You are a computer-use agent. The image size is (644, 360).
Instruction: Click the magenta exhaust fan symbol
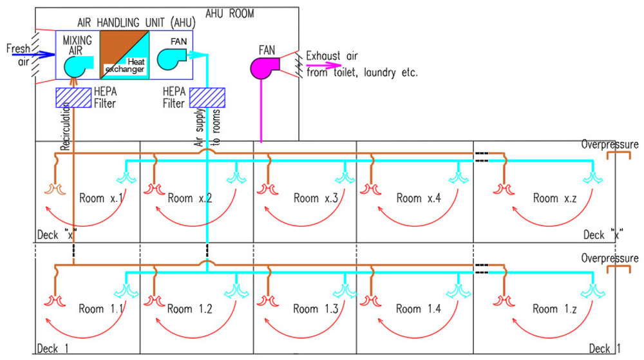pyautogui.click(x=263, y=66)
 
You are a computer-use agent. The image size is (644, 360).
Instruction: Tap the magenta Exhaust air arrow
pyautogui.click(x=321, y=64)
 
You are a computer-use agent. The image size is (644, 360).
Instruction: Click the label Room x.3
pyautogui.click(x=314, y=198)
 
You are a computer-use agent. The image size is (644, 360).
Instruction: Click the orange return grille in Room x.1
pyautogui.click(x=56, y=189)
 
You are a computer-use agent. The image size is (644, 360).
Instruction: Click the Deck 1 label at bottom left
pyautogui.click(x=52, y=348)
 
